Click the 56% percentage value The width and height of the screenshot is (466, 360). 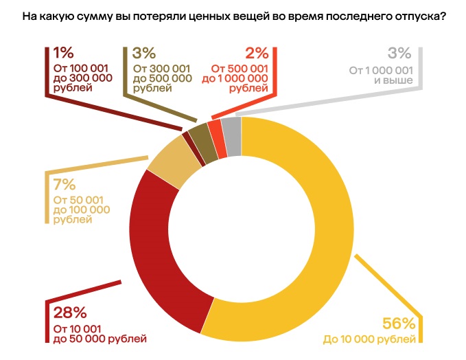[399, 324]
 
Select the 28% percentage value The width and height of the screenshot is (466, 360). [70, 313]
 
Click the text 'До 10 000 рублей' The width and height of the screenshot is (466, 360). [369, 339]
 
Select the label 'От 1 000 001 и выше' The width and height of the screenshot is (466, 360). [379, 75]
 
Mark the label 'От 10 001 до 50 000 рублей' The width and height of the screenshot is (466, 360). [100, 334]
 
